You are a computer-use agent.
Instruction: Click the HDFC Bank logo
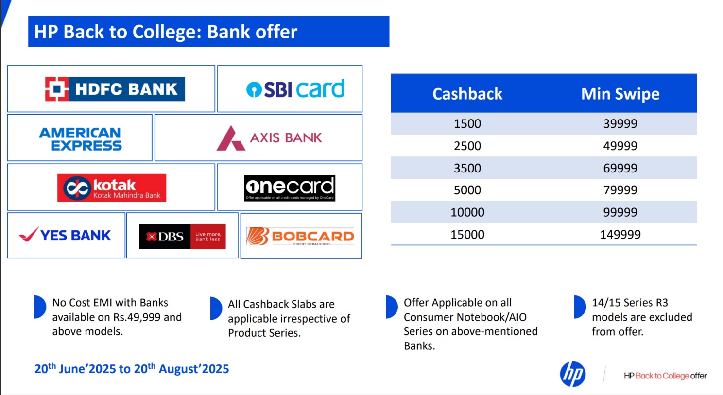tap(115, 89)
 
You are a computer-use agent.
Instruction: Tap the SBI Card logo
tap(295, 88)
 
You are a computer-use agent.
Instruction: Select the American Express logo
tap(80, 139)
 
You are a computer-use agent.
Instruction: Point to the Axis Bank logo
tap(269, 138)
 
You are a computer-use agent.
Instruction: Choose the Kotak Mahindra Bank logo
tap(112, 188)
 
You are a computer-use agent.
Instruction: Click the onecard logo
tap(290, 188)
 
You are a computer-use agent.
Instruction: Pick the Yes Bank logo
tap(65, 235)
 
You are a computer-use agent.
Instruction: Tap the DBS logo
tap(182, 237)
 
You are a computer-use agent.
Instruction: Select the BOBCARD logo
tap(300, 237)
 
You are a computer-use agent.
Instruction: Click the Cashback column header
tap(467, 94)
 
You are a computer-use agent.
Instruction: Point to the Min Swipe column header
tap(620, 94)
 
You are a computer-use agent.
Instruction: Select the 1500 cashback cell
tap(467, 123)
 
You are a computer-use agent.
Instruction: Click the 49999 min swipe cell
tap(620, 146)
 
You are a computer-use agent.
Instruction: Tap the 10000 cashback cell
tap(467, 212)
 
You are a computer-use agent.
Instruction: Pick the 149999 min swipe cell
tap(620, 234)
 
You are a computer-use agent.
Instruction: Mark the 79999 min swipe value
tap(620, 190)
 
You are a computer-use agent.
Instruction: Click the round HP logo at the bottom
tap(572, 374)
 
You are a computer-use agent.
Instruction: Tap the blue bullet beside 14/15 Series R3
tap(579, 307)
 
